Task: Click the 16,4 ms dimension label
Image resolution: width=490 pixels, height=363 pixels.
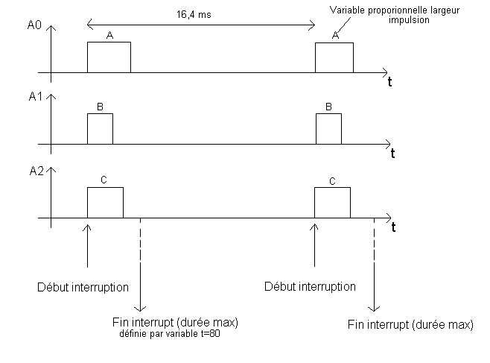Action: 198,14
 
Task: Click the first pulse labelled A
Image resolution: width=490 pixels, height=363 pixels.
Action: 109,57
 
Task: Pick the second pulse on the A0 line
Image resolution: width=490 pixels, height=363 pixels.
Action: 334,57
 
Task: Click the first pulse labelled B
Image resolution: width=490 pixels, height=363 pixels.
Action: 100,129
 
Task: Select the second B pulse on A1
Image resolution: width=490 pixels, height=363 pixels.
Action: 328,129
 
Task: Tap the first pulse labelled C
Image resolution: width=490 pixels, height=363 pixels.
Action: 105,202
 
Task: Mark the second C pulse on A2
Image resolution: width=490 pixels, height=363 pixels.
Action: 332,202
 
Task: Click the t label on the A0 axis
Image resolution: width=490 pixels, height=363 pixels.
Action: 389,83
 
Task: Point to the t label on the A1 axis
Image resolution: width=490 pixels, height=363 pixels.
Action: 392,154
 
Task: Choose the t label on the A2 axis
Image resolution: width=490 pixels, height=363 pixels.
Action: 392,226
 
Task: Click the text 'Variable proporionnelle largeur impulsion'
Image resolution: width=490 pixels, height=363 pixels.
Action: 388,15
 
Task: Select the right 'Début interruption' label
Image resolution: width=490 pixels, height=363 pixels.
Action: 311,286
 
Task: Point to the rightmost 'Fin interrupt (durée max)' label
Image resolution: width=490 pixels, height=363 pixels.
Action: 410,324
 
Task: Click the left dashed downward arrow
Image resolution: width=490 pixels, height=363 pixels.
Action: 140,265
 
